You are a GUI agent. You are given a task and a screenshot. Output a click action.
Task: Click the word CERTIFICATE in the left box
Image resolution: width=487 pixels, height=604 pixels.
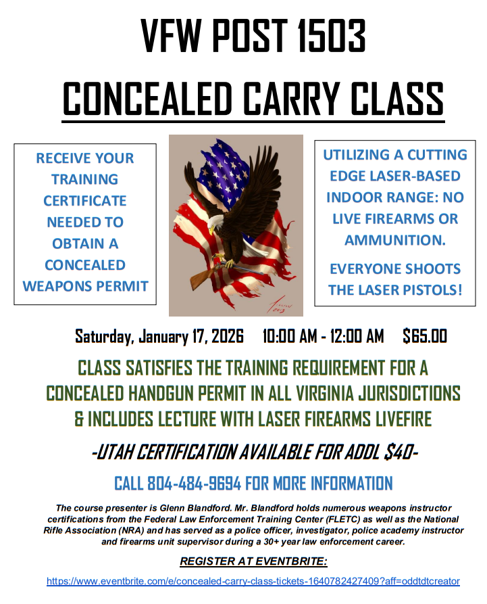click(x=85, y=201)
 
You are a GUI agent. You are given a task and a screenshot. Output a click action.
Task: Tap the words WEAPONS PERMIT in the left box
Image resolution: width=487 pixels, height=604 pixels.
click(x=85, y=286)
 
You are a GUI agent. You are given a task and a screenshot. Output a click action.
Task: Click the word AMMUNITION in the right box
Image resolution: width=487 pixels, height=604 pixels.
click(x=394, y=240)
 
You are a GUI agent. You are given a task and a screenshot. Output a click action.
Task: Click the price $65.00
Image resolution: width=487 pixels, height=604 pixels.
click(x=425, y=336)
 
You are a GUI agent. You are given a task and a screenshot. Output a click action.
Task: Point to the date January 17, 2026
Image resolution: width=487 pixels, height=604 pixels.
click(x=190, y=336)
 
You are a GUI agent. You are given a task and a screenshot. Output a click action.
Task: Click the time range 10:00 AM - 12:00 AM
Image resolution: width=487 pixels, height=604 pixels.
click(x=323, y=336)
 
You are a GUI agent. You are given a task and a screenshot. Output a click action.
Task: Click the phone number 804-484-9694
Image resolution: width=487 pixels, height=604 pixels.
click(x=195, y=483)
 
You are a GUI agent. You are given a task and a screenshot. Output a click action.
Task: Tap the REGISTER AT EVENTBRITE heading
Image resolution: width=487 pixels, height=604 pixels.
click(x=253, y=561)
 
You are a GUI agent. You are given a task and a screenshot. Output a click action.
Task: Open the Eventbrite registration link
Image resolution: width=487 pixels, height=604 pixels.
click(x=253, y=581)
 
